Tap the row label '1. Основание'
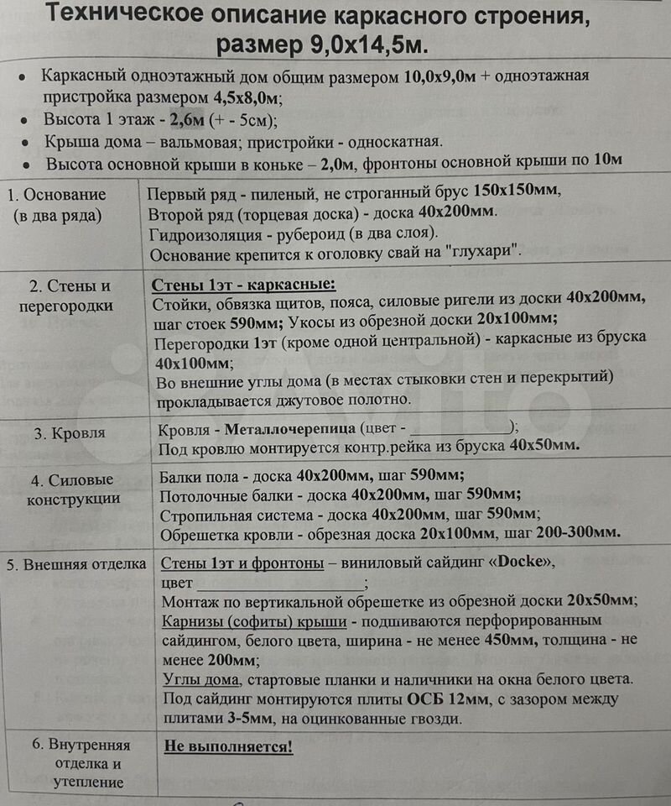[57, 194]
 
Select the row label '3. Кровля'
[70, 433]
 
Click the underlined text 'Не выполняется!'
[228, 746]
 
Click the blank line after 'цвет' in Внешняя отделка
[279, 583]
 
